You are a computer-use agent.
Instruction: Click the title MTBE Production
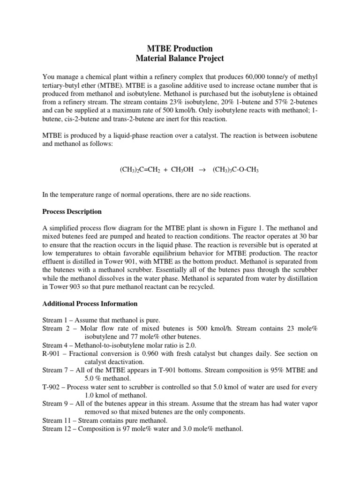pyautogui.click(x=180, y=49)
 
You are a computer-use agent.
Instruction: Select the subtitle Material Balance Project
pyautogui.click(x=180, y=59)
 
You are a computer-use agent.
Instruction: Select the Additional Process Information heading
pyautogui.click(x=90, y=304)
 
